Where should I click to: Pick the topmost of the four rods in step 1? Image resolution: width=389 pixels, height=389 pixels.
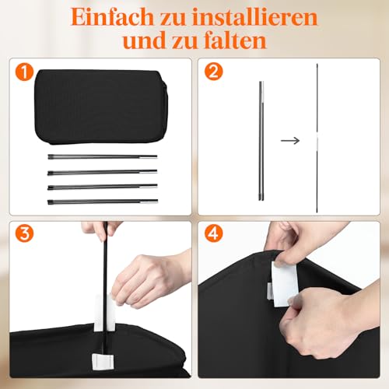click(101, 157)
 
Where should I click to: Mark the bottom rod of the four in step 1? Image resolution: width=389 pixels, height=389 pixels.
click(101, 201)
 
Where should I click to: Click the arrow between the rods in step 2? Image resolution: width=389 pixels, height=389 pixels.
click(289, 141)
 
